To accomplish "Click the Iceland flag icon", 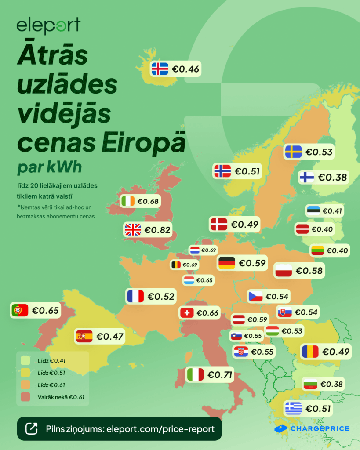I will click(160, 69).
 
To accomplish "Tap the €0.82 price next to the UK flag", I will click(157, 229).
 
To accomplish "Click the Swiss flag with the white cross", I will click(187, 313).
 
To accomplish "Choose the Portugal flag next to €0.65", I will click(20, 310).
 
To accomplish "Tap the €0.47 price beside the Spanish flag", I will click(110, 337).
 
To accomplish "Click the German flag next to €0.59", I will click(227, 263).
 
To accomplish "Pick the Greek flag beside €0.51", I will click(293, 408).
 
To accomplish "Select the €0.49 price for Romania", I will click(336, 352).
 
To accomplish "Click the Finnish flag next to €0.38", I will click(307, 177).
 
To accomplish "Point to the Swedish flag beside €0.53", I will click(293, 152).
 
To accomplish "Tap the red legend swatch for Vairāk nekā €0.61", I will click(25, 397).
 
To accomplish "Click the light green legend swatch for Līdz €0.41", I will click(25, 360).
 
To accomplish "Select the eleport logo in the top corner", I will click(48, 26).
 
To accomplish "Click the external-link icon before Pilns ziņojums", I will click(32, 428).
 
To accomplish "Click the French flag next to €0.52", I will click(135, 297).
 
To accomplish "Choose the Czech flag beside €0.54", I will click(255, 296).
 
